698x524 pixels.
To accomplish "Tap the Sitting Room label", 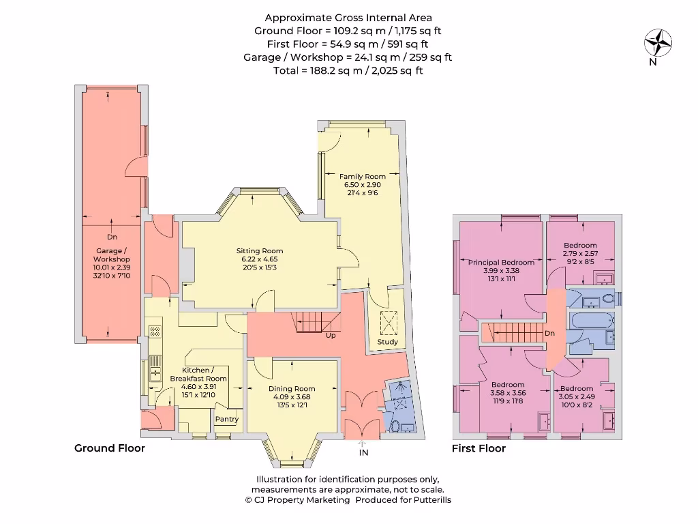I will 259,251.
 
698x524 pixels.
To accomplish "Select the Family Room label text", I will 363,177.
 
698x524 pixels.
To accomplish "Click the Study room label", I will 387,342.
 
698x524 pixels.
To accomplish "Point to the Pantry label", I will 226,420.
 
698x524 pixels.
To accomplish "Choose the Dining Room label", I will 292,389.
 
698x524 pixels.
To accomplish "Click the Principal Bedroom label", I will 501,263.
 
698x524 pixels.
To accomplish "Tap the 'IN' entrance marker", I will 363,452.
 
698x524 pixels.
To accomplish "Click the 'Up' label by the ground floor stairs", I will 331,336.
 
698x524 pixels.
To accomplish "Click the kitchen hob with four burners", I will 155,332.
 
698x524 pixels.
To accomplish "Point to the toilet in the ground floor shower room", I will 397,425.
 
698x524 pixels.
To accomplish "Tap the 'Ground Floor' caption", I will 109,448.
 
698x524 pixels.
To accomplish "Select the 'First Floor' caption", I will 479,448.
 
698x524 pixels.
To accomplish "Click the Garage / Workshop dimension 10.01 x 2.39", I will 112,268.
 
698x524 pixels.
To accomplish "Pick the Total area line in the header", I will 348,70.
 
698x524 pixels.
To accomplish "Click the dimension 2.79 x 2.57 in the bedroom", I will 580,253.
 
